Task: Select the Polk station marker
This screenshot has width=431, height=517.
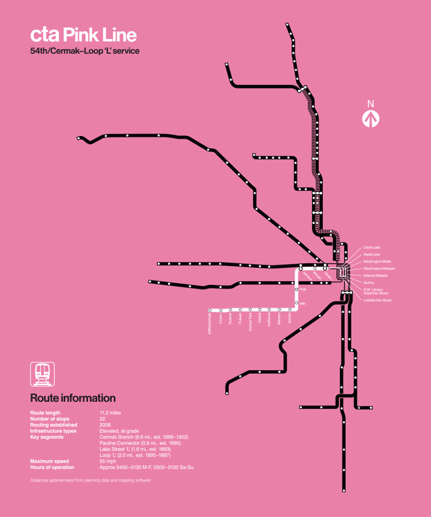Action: pyautogui.click(x=296, y=289)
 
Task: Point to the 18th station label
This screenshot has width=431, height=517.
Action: pyautogui.click(x=303, y=304)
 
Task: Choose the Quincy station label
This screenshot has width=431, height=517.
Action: pyautogui.click(x=369, y=282)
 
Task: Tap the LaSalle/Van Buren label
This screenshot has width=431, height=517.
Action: pyautogui.click(x=378, y=299)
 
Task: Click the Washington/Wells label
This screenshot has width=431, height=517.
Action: pyautogui.click(x=378, y=261)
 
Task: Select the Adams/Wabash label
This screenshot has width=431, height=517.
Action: pyautogui.click(x=376, y=275)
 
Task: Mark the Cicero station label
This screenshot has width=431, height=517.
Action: pyautogui.click(x=220, y=320)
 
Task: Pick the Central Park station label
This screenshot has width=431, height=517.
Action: pyautogui.click(x=250, y=322)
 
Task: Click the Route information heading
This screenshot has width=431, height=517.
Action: pyautogui.click(x=73, y=399)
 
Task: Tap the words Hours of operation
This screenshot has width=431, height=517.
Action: pyautogui.click(x=52, y=467)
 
